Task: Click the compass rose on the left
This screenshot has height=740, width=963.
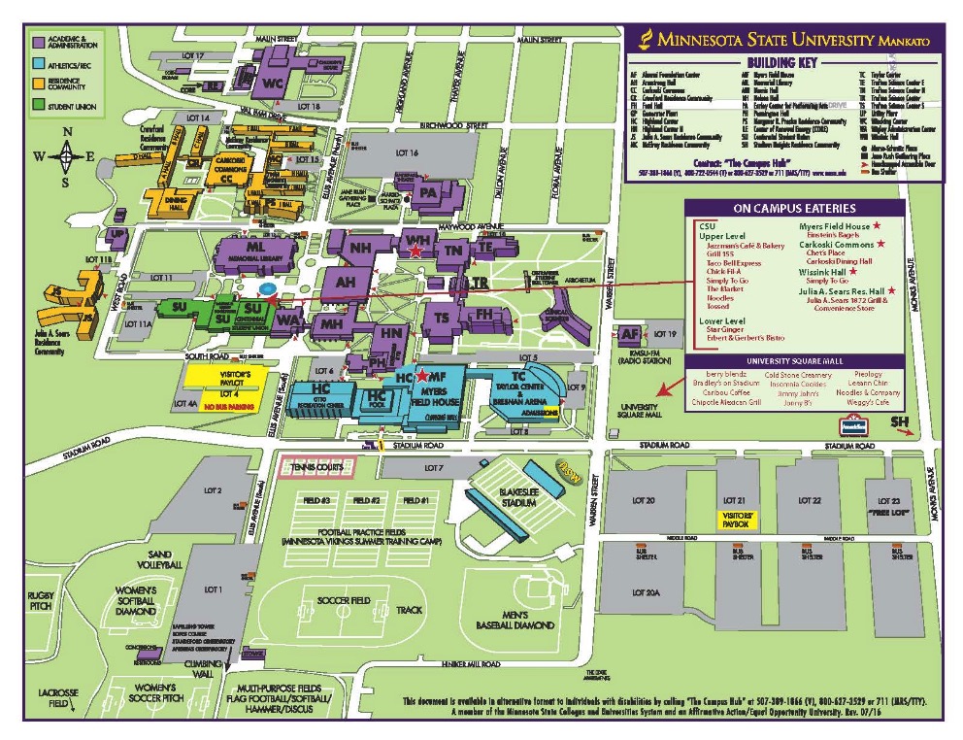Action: click(67, 154)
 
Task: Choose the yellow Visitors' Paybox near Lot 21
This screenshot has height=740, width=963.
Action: click(741, 520)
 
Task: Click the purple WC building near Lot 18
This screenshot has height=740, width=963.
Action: click(273, 84)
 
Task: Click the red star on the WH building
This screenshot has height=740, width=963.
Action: click(416, 251)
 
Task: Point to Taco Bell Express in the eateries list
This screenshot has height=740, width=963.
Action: click(734, 263)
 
